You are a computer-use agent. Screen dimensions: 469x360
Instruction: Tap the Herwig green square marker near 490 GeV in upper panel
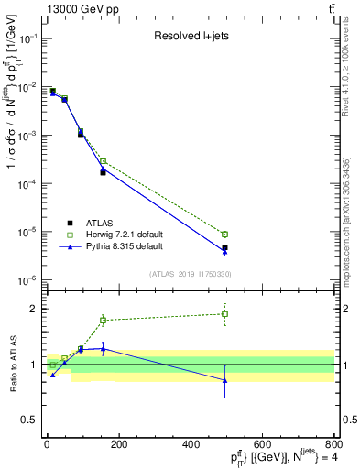(224, 234)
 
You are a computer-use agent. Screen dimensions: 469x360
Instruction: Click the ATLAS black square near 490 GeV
(224, 247)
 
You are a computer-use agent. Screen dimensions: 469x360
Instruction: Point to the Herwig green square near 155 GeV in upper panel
(103, 161)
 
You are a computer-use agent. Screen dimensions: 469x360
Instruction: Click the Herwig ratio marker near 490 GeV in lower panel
(224, 314)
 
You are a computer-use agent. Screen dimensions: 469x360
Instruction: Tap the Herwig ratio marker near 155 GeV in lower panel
(103, 321)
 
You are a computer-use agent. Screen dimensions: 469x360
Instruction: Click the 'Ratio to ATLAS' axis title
(12, 364)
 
